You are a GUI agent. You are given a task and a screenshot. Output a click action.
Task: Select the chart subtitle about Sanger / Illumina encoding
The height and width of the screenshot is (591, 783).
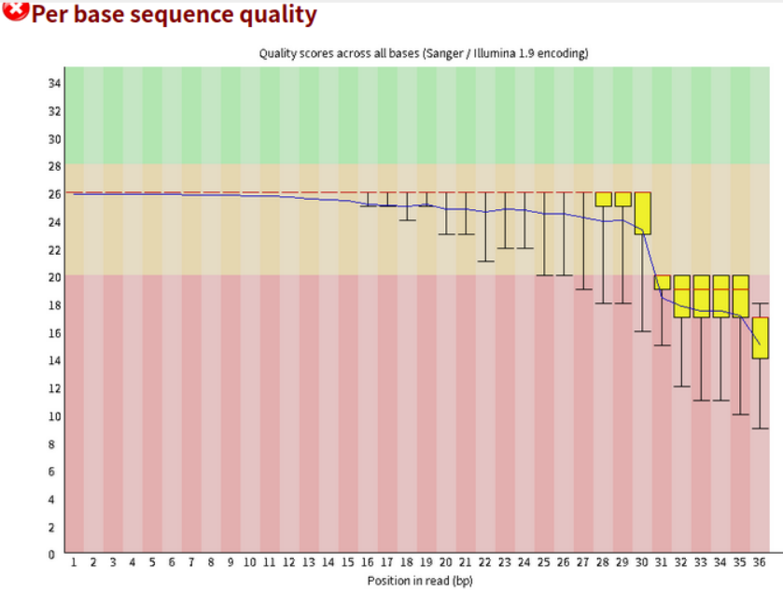point(423,53)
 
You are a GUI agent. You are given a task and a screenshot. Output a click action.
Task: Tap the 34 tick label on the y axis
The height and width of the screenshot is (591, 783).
point(54,83)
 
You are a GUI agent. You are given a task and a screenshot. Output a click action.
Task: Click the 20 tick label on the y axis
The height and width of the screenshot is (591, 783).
point(54,277)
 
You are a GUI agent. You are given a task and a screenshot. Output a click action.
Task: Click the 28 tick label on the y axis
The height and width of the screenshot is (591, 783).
point(54,166)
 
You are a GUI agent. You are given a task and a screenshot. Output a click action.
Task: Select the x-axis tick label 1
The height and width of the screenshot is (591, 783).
point(74,563)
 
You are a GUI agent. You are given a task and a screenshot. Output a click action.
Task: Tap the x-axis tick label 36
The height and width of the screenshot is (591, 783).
point(761,563)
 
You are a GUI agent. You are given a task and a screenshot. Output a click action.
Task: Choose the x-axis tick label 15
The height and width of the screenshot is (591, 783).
point(348,563)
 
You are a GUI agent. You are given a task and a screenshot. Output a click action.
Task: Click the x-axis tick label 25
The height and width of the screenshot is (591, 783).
point(544,563)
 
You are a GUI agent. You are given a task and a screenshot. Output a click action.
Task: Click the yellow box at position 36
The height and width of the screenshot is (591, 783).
point(761,338)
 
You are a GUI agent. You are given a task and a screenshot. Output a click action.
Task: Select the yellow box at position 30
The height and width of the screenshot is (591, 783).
point(643,213)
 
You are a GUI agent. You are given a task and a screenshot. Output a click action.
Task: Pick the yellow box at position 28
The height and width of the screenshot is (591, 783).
point(604,199)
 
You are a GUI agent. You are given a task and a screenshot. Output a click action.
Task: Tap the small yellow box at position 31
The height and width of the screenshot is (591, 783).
point(663,283)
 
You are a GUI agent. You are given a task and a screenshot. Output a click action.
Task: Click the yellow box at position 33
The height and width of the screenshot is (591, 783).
point(702,297)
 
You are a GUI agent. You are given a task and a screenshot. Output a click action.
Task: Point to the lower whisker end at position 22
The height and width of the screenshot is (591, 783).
point(485,262)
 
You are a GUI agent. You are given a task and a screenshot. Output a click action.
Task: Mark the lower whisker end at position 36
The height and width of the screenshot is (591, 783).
point(761,429)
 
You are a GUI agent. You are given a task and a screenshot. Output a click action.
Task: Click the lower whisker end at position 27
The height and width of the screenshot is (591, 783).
point(584,289)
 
